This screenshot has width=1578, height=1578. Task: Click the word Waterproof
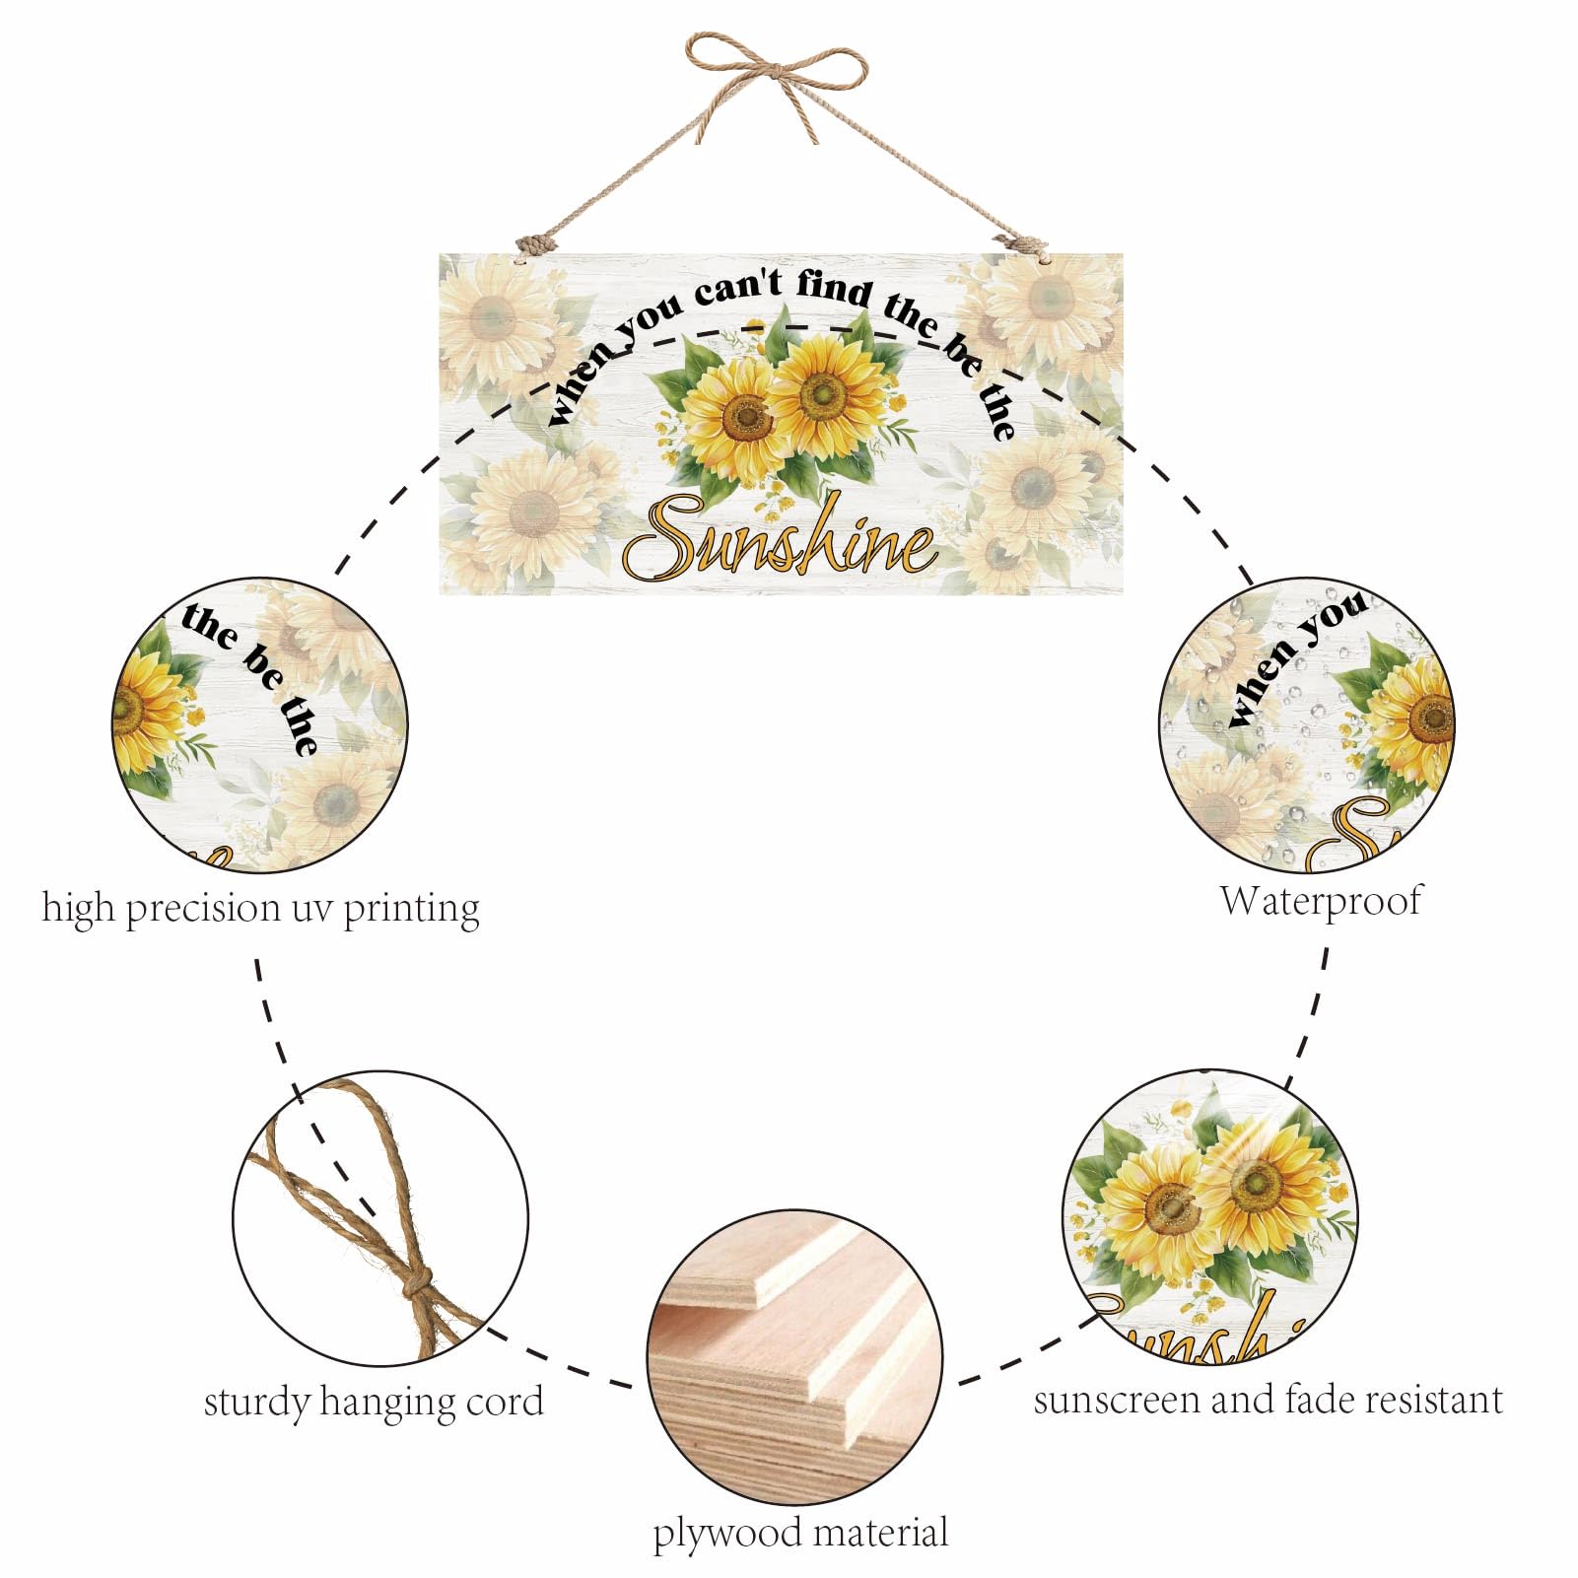point(1321,901)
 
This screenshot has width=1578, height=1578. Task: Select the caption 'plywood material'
point(800,1534)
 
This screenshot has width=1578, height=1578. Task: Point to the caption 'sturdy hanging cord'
point(374,1402)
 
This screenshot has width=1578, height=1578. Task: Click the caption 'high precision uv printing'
point(260,908)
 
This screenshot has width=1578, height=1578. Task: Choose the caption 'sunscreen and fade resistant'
point(1269,1400)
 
